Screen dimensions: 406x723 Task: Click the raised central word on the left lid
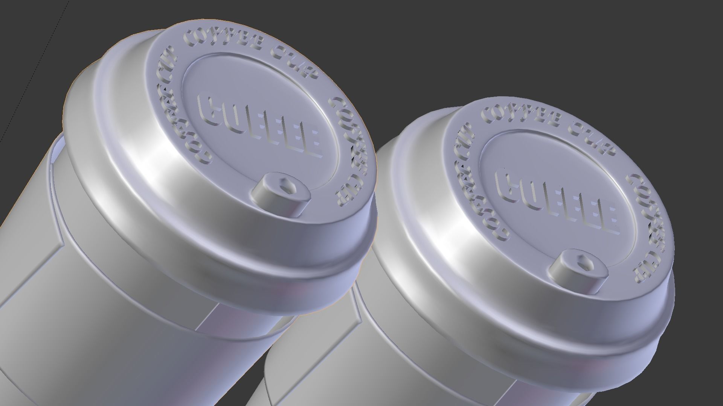[260, 126]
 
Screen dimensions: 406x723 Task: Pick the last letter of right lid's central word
[607, 220]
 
